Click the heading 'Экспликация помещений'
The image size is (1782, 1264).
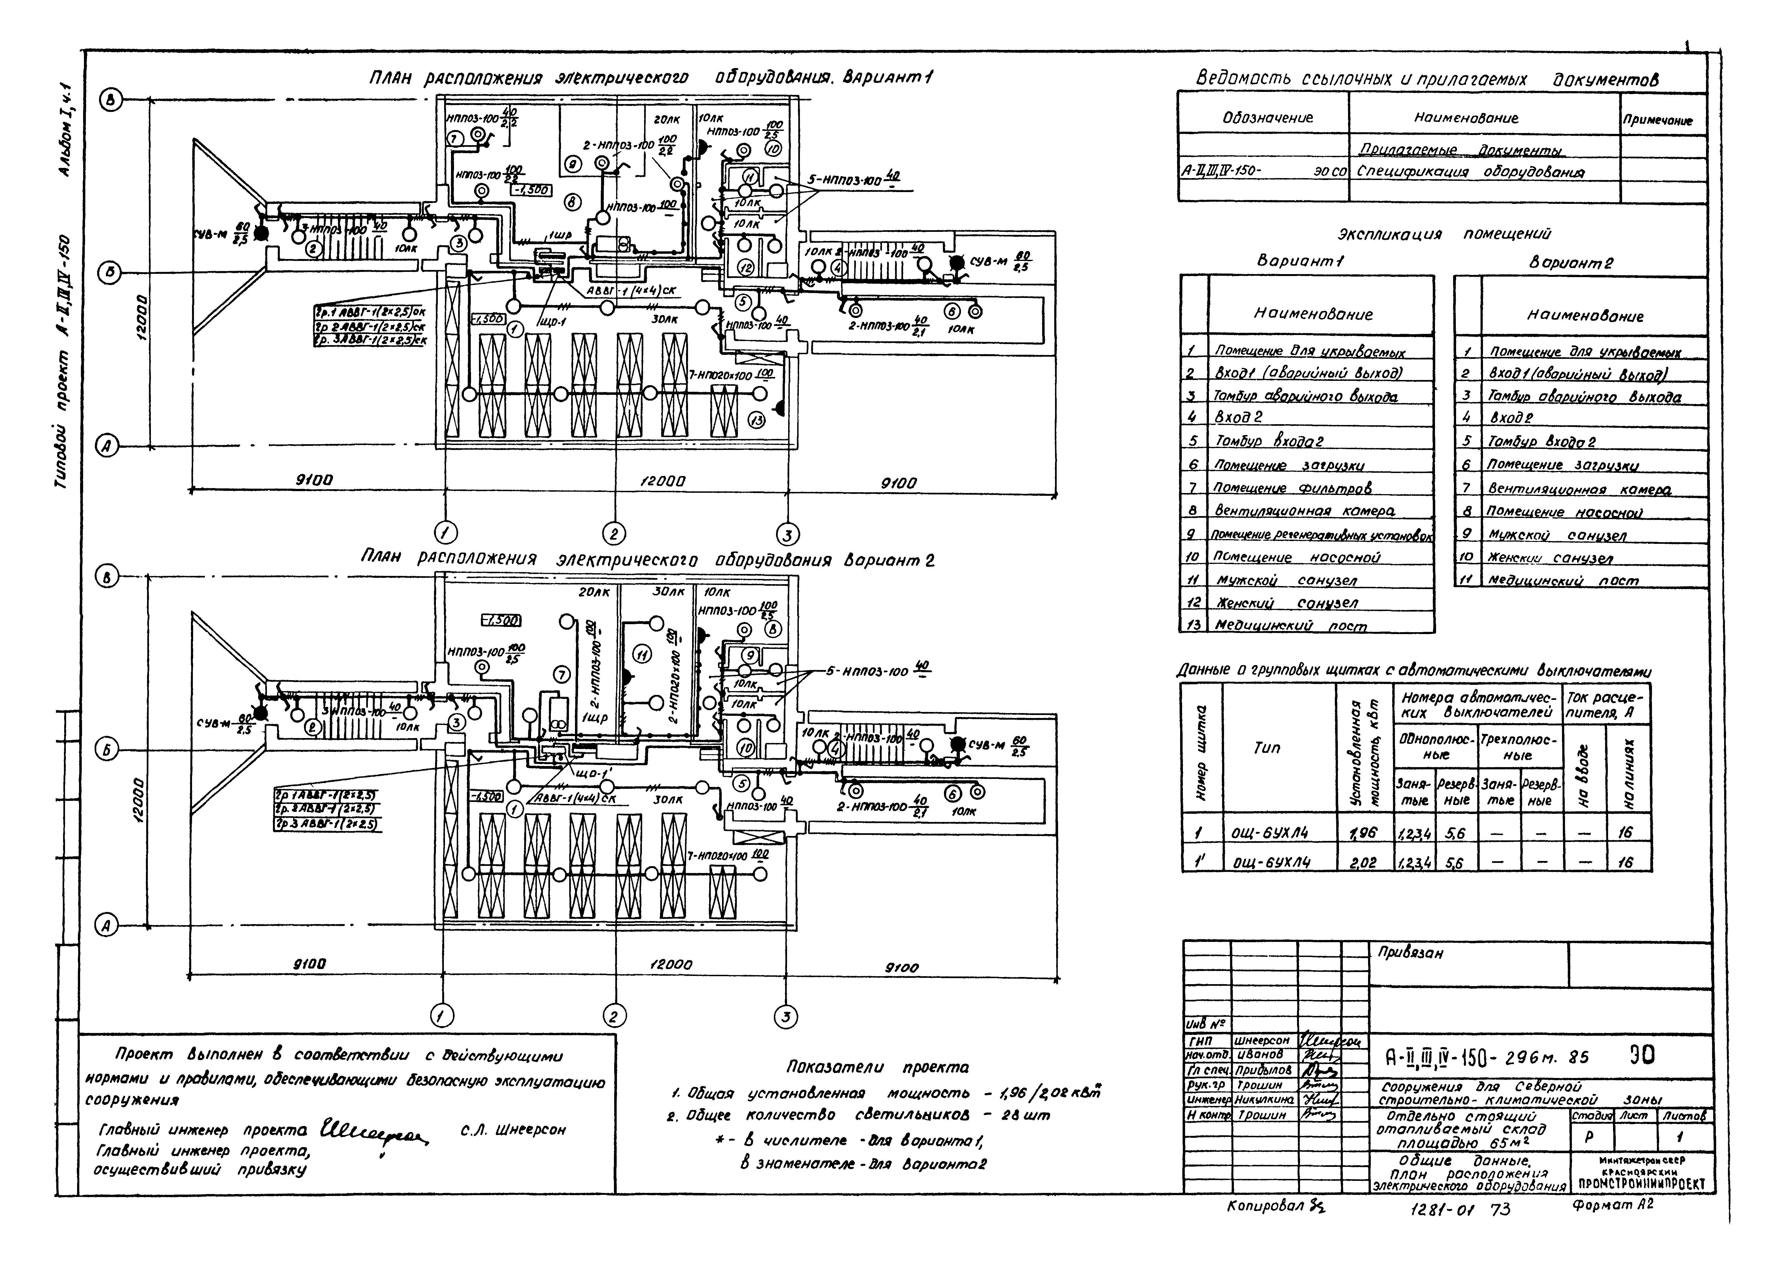[1443, 233]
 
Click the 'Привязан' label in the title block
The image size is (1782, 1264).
[1410, 953]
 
